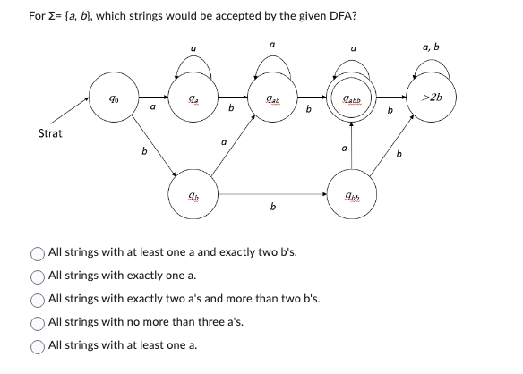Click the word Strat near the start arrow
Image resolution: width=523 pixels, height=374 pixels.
click(x=50, y=134)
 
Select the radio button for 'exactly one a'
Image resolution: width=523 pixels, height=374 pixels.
click(x=38, y=276)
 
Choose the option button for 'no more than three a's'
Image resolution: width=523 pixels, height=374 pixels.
click(x=38, y=322)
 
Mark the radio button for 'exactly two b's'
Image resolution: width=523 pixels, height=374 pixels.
click(x=38, y=252)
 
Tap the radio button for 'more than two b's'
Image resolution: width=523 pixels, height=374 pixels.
click(x=38, y=299)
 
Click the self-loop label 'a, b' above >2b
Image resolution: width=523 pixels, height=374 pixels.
click(x=430, y=47)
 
